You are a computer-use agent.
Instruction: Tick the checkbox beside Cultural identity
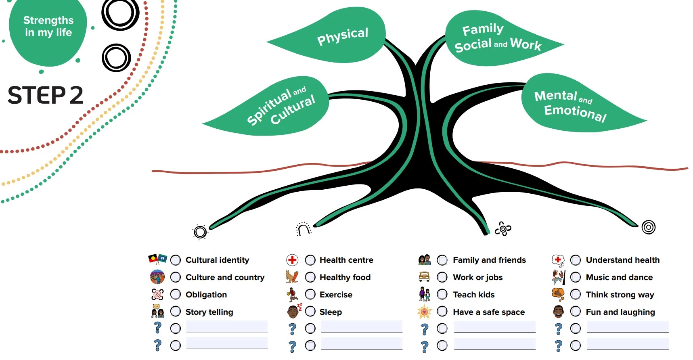(x=176, y=260)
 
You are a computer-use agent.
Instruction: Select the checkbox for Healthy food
(x=310, y=278)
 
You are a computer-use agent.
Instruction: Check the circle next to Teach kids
(x=442, y=295)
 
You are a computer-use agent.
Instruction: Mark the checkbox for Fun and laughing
(x=576, y=312)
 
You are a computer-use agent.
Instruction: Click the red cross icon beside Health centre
(x=292, y=260)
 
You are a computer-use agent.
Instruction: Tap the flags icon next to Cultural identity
(x=157, y=259)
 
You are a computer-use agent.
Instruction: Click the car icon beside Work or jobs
(x=424, y=277)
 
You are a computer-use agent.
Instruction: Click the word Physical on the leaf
(x=343, y=36)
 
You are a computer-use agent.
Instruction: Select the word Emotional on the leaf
(x=575, y=113)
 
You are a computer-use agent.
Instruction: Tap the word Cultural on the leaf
(x=293, y=110)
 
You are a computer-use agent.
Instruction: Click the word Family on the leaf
(x=483, y=29)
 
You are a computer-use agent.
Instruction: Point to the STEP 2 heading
(x=46, y=95)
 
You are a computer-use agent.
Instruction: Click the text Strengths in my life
(x=48, y=26)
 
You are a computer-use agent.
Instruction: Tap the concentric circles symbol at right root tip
(x=648, y=227)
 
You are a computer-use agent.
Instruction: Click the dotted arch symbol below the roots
(x=304, y=229)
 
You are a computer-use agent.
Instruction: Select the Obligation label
(x=206, y=295)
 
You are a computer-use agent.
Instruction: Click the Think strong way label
(x=620, y=295)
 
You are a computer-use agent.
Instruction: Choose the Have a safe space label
(x=489, y=312)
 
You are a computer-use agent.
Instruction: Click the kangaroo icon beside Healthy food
(x=292, y=277)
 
